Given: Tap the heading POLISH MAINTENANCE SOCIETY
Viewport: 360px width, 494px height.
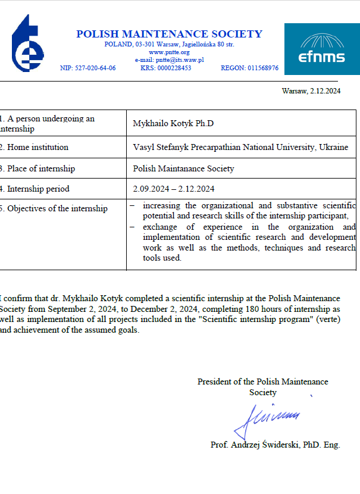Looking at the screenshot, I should click(169, 34).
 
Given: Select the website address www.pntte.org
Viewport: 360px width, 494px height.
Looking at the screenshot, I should click(169, 52).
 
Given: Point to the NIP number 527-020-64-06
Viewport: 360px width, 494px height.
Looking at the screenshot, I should click(88, 68).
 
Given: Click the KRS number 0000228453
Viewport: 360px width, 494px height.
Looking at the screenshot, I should click(165, 68).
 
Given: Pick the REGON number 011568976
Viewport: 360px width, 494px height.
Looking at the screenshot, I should click(249, 68).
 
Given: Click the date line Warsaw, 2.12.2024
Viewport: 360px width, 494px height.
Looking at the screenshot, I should click(310, 91).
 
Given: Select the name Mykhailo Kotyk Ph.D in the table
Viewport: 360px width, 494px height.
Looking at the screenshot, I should click(173, 123).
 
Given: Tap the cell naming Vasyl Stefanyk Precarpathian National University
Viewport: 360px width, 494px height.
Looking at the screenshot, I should click(241, 147).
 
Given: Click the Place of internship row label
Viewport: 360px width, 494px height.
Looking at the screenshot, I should click(39, 168).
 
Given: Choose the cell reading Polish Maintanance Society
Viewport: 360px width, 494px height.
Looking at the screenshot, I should click(184, 168).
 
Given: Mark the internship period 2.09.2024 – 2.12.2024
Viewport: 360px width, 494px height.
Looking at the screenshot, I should click(174, 189).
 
